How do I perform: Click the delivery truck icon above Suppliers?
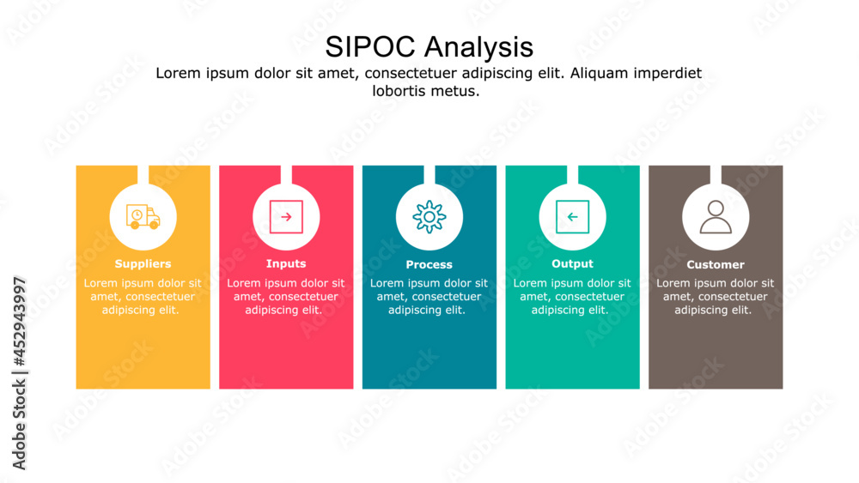(x=143, y=217)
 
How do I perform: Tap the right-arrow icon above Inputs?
(x=286, y=217)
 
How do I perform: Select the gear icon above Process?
(x=429, y=217)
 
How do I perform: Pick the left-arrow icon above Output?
(x=572, y=217)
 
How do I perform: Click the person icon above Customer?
(x=716, y=217)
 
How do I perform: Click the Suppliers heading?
(x=143, y=264)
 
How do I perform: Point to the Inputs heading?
(x=286, y=264)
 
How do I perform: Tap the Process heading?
(x=429, y=265)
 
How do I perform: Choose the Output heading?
(x=572, y=264)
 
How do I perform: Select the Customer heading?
(x=716, y=265)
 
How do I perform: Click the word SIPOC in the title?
(x=370, y=46)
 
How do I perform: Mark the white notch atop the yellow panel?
(x=143, y=173)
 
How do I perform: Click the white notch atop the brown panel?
(x=716, y=173)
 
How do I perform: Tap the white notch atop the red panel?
(x=286, y=173)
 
